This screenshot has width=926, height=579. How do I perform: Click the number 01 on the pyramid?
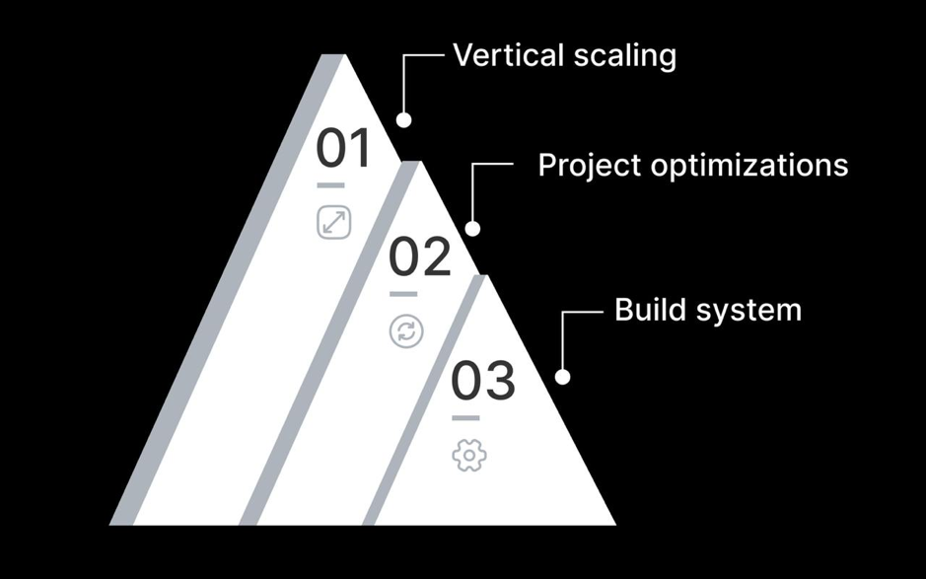pos(344,150)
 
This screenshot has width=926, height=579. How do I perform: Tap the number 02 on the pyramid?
pos(419,257)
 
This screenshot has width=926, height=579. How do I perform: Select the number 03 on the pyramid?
pos(483,382)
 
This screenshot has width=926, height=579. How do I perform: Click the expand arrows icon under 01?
pos(334,222)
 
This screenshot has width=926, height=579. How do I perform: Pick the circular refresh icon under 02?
pos(405,330)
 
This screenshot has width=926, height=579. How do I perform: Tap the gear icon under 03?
pos(468,455)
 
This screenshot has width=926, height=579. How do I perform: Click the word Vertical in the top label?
pos(499,55)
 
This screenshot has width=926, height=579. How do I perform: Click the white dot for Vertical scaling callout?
pos(403,119)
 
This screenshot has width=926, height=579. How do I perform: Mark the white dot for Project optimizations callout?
pos(472,229)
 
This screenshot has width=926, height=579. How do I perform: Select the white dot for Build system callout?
pos(562,376)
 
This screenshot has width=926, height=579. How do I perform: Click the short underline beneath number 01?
pos(330,184)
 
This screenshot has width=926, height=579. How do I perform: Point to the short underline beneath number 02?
pos(402,293)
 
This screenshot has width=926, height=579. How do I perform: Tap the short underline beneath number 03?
pos(465,417)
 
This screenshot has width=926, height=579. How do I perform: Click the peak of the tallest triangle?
pos(333,57)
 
